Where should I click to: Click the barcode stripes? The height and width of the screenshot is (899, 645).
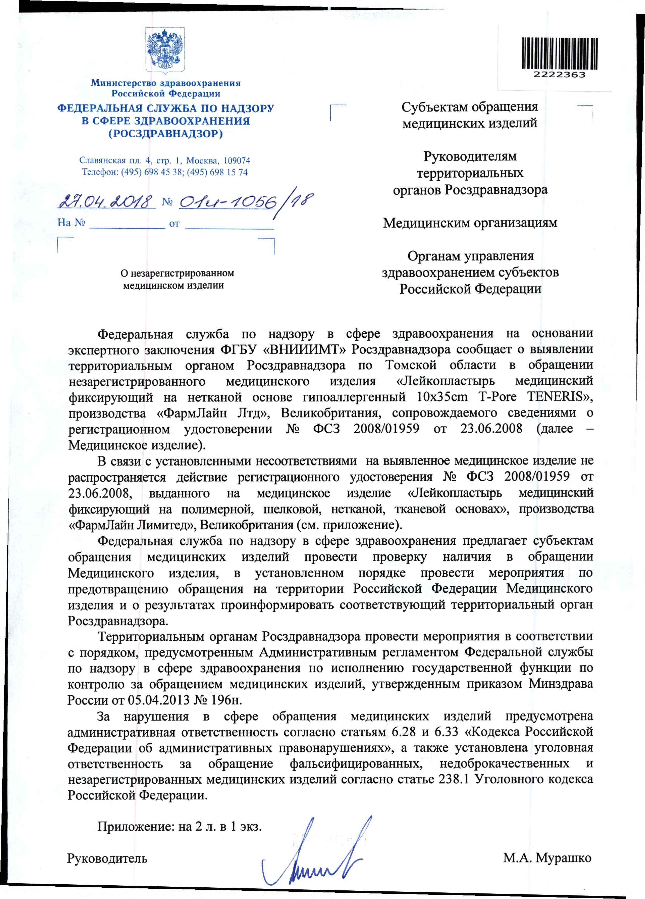pyautogui.click(x=559, y=54)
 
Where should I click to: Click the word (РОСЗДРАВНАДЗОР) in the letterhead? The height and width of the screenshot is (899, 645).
pyautogui.click(x=166, y=134)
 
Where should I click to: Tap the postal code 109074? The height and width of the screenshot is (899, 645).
pyautogui.click(x=237, y=161)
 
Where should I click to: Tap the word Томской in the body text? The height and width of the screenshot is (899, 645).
pyautogui.click(x=411, y=365)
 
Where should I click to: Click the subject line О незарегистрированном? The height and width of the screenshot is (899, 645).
pyautogui.click(x=177, y=273)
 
